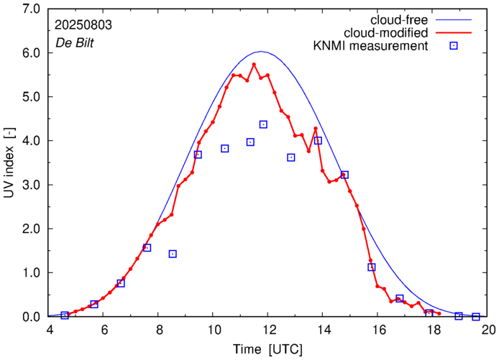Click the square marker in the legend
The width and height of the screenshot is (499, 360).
tap(454, 47)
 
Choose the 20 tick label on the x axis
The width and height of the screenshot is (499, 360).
tap(488, 330)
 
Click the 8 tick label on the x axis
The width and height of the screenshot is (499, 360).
tap(159, 330)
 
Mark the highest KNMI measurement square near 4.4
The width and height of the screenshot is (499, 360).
tap(263, 124)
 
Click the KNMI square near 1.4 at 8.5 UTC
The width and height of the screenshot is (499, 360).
tap(173, 254)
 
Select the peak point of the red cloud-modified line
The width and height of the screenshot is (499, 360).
tap(254, 64)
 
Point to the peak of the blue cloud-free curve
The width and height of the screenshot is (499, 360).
tap(261, 52)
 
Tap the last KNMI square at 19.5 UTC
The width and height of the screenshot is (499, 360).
tap(475, 317)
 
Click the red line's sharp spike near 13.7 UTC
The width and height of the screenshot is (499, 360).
tap(316, 129)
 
